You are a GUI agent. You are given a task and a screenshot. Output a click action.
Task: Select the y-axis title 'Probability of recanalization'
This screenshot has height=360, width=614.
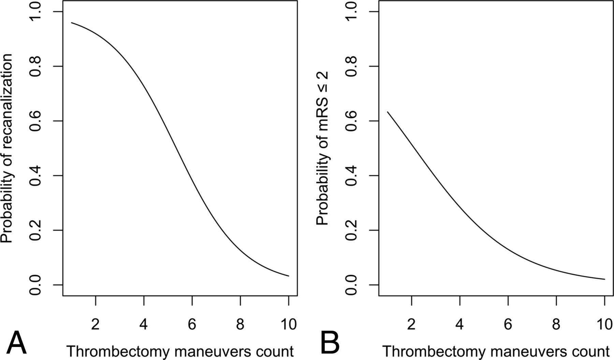point(7,148)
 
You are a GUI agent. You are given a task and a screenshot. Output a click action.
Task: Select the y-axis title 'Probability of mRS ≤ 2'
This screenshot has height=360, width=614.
point(322,148)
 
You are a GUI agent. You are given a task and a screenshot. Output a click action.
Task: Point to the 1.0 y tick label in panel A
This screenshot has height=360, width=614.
point(36,12)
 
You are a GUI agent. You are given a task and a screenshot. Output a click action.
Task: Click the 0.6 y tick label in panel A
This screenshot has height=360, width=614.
point(36,121)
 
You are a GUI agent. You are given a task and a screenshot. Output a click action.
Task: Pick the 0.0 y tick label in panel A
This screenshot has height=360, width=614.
point(36,285)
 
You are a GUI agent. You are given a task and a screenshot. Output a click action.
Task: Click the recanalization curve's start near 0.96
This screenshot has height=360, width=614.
point(72,23)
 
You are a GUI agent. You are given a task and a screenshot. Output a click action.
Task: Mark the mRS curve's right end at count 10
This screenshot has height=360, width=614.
point(604,279)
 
